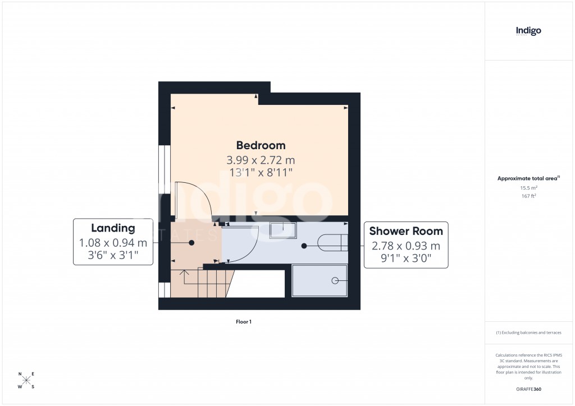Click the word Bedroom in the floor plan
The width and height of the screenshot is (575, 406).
(261, 145)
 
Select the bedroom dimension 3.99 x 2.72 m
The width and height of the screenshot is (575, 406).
(261, 160)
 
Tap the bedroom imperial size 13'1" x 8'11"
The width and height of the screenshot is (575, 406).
(261, 173)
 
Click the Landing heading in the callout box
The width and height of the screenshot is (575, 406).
(113, 228)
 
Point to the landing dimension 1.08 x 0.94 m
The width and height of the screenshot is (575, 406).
(113, 243)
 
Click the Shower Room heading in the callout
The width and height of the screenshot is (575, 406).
(405, 231)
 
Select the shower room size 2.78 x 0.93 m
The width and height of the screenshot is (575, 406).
(405, 246)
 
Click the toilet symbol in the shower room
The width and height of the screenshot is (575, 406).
(332, 242)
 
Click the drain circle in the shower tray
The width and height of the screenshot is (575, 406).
(336, 280)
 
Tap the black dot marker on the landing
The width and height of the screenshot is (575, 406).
(191, 243)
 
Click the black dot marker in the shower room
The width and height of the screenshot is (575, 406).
(304, 246)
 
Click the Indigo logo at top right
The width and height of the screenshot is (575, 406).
(528, 31)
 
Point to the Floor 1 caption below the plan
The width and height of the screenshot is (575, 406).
(244, 322)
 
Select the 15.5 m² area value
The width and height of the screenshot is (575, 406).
(528, 188)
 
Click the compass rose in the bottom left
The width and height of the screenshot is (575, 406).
(26, 381)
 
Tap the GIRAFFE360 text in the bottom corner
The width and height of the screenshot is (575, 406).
(528, 389)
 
